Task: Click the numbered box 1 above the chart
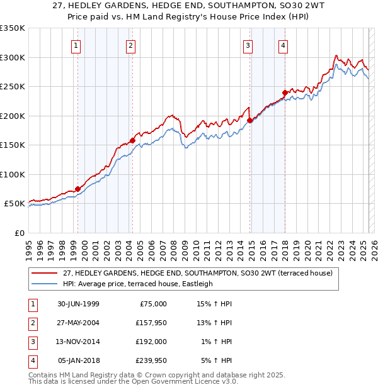coord(76,45)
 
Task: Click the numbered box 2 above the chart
coord(130,45)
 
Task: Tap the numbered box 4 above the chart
coord(283,45)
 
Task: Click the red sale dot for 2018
coord(285,92)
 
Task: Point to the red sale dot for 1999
coord(78,189)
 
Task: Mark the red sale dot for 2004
coord(132,140)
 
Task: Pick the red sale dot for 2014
coord(250,120)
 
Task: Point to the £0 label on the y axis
coord(19,233)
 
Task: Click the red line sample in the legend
coord(45,273)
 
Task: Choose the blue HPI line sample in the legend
coord(45,284)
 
